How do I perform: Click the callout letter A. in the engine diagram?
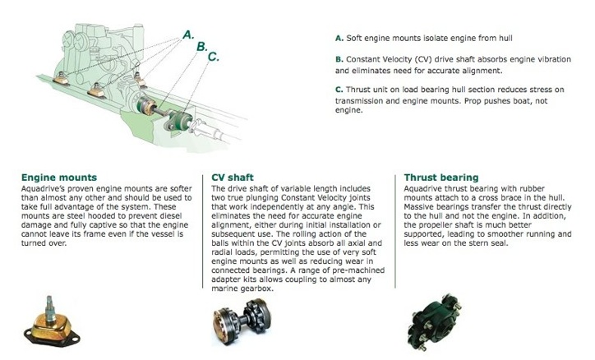pos(188,35)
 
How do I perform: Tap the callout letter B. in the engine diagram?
pos(201,47)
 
